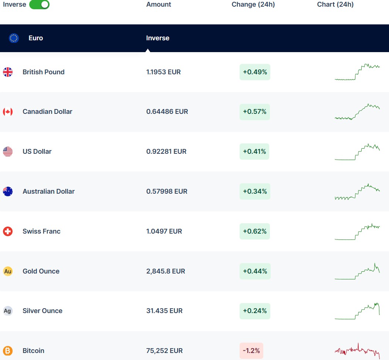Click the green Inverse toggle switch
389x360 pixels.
pyautogui.click(x=39, y=4)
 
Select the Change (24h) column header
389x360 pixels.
pyautogui.click(x=253, y=4)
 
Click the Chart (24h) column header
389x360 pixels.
pyautogui.click(x=335, y=4)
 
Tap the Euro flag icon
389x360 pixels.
pyautogui.click(x=14, y=38)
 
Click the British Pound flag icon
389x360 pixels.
pyautogui.click(x=8, y=72)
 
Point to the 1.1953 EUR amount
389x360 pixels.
pyautogui.click(x=163, y=72)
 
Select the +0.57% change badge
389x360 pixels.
pyautogui.click(x=255, y=112)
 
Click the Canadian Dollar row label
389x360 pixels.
pyautogui.click(x=47, y=112)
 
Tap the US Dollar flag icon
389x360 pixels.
pyautogui.click(x=8, y=152)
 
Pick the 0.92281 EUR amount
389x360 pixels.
pyautogui.click(x=166, y=152)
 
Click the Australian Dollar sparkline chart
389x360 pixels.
pyautogui.click(x=357, y=191)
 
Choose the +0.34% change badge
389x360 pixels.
pyautogui.click(x=255, y=191)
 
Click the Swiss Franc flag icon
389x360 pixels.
pyautogui.click(x=8, y=231)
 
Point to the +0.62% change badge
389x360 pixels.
pyautogui.click(x=255, y=231)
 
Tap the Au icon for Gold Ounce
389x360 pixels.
pyautogui.click(x=8, y=271)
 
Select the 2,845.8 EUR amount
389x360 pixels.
pyautogui.click(x=166, y=271)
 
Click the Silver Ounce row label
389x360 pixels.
pyautogui.click(x=43, y=311)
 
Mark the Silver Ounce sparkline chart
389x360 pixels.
pyautogui.click(x=357, y=311)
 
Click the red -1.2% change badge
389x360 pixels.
pyautogui.click(x=251, y=351)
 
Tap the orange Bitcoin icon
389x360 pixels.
pyautogui.click(x=8, y=351)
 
